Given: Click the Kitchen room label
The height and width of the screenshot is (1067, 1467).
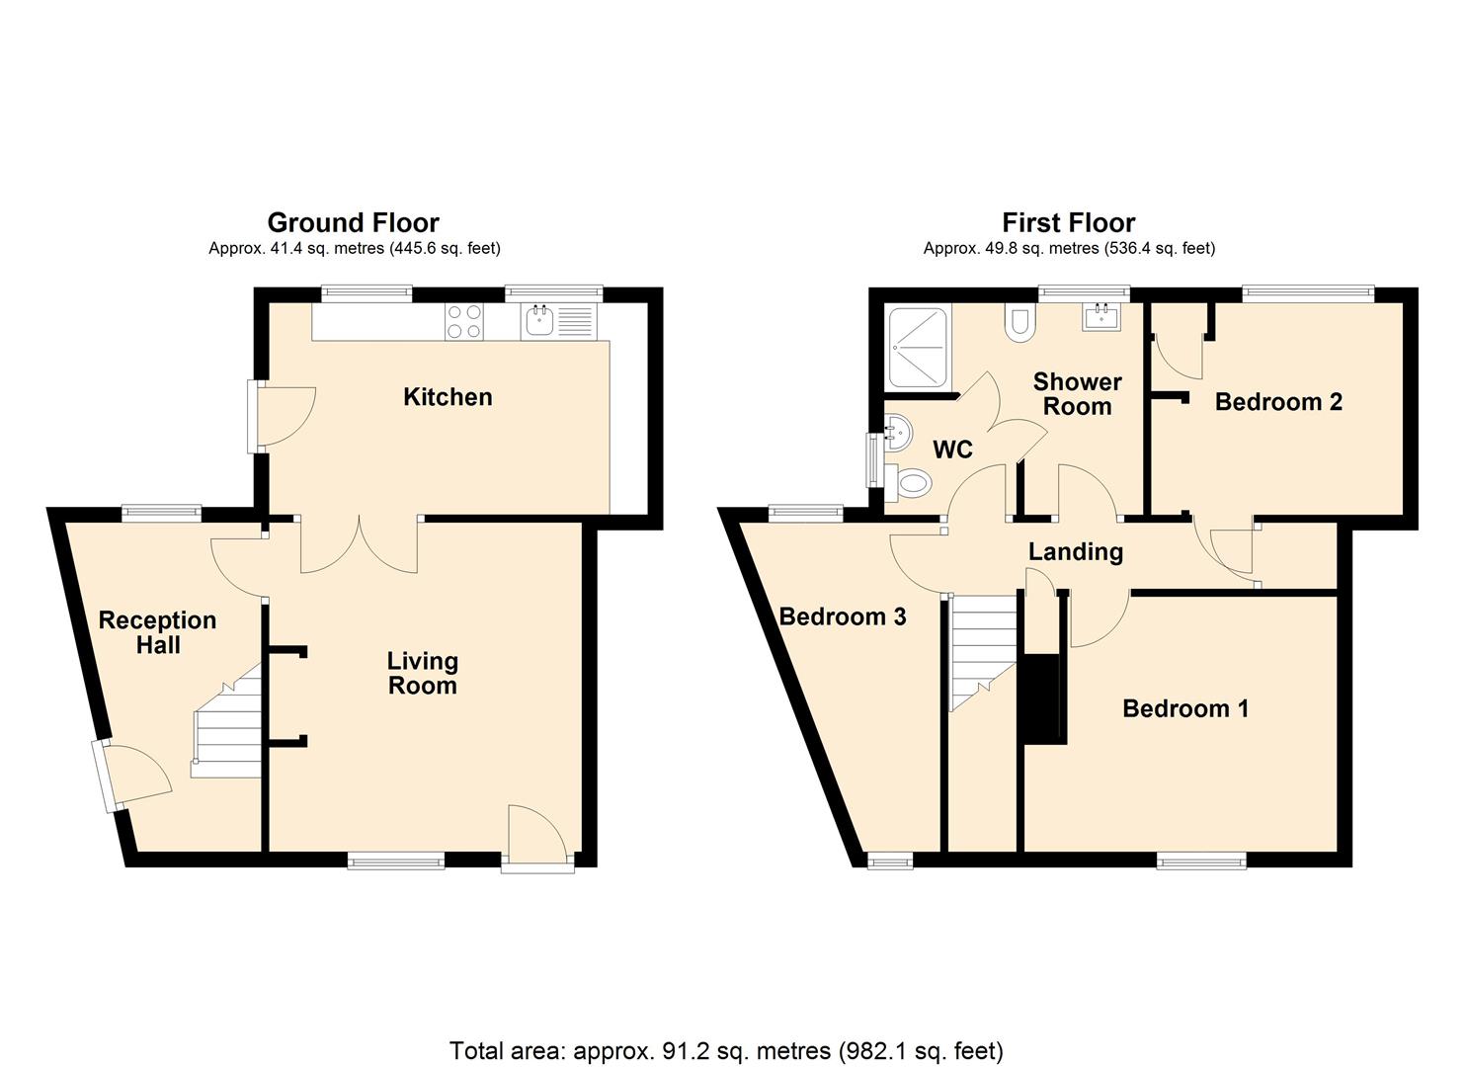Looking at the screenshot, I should [447, 397].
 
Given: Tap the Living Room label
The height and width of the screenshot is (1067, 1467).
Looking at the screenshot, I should [422, 673].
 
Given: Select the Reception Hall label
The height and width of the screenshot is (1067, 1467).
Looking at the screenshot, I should [157, 632].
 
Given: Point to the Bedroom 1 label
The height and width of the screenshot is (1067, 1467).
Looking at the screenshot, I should [1184, 708].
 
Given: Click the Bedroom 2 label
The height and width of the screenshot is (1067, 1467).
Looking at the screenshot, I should [1277, 402].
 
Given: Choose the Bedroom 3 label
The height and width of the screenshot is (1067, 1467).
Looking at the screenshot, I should [842, 617].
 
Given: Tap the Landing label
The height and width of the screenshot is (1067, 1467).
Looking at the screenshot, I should [1075, 551].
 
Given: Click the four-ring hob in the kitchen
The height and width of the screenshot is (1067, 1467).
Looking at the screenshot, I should [464, 321].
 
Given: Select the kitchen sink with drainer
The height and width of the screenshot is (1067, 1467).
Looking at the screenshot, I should [559, 321].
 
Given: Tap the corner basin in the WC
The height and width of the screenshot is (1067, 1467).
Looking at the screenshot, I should [898, 431].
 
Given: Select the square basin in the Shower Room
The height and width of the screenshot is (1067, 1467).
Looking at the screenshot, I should [1100, 317].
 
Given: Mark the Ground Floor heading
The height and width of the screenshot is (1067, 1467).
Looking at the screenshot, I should [353, 222].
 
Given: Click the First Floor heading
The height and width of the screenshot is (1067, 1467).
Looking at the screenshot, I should [1068, 222].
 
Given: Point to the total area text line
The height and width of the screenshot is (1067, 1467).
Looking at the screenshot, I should [726, 1050].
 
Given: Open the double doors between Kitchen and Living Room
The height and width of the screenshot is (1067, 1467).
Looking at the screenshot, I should [360, 545].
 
